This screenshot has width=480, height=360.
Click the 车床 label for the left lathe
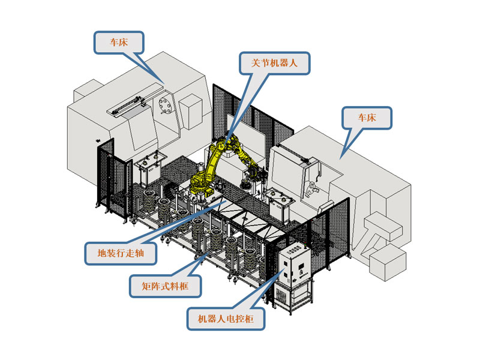(118, 43)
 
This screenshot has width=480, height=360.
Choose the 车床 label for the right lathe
(367, 118)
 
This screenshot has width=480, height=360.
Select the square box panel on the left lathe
(191, 112)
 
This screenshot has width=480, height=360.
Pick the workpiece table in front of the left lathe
(150, 169)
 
